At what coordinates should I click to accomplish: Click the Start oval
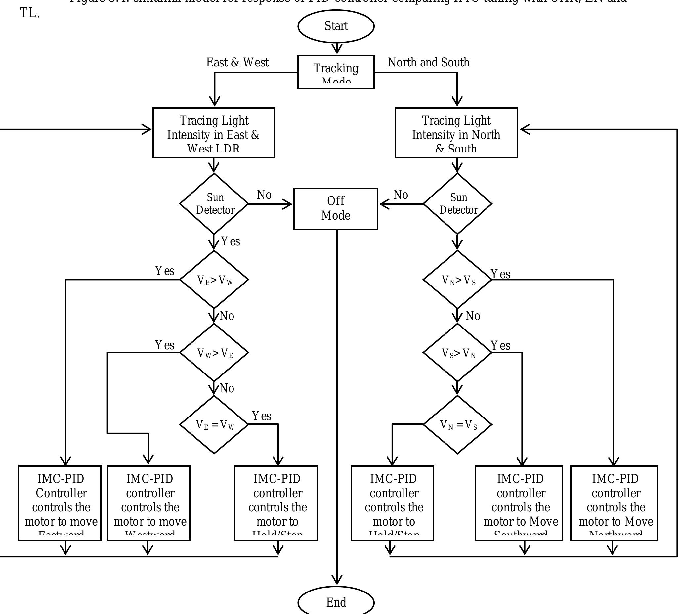336,26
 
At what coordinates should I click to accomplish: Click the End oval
336,602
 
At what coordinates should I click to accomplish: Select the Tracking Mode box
336,72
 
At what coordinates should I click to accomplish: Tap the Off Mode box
335,209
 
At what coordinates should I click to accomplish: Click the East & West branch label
237,63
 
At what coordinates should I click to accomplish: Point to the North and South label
428,63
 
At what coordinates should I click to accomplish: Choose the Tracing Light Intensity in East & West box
214,133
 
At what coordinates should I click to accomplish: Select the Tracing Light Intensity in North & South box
456,133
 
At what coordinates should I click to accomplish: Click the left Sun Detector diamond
214,204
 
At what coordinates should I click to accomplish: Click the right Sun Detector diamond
457,204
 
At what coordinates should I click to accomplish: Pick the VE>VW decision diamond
214,280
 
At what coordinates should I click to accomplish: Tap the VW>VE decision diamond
214,353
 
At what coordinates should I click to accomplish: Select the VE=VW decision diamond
214,425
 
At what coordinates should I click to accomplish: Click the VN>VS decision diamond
457,280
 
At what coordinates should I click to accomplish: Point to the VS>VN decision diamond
457,353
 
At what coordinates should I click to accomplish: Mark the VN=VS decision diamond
457,425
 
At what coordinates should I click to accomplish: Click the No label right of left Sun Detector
264,195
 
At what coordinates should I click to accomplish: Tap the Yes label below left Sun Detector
230,241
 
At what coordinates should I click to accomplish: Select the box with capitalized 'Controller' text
60,503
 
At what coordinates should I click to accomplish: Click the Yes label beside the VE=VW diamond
261,416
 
